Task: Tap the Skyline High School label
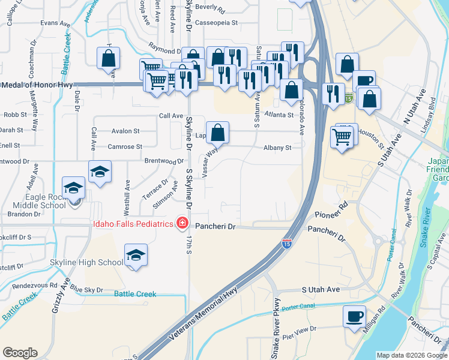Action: pyautogui.click(x=95, y=262)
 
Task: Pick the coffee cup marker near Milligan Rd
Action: pyautogui.click(x=354, y=316)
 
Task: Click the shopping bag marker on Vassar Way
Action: pyautogui.click(x=218, y=133)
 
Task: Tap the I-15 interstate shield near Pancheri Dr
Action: pyautogui.click(x=286, y=244)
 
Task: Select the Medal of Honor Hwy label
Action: pyautogui.click(x=36, y=85)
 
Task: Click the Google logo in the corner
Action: pyautogui.click(x=20, y=353)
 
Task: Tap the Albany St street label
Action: pyautogui.click(x=277, y=148)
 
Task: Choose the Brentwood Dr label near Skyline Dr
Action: pyautogui.click(x=164, y=161)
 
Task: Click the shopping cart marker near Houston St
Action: pyautogui.click(x=344, y=137)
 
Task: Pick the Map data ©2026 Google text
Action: pyautogui.click(x=411, y=355)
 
